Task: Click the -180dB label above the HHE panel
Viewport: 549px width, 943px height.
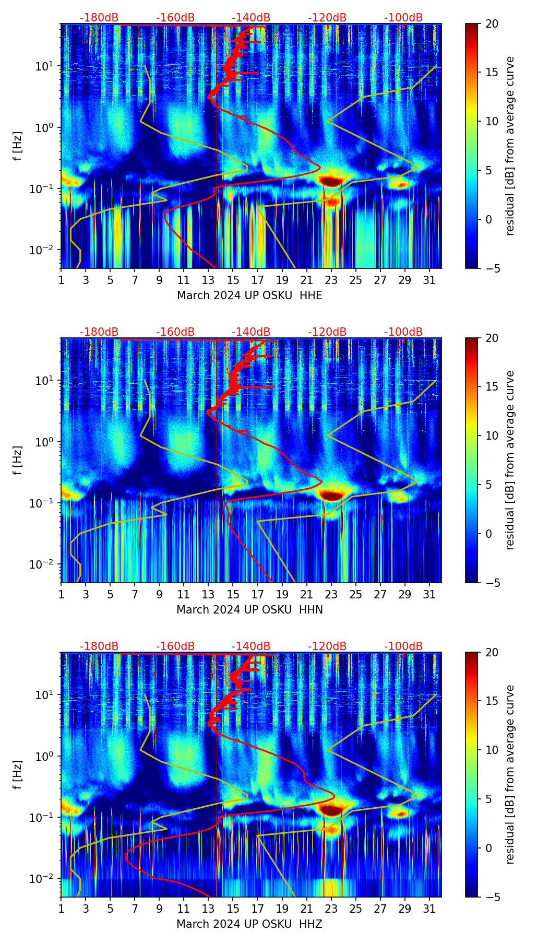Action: click(x=99, y=18)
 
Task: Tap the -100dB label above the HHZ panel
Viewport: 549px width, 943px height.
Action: click(x=403, y=646)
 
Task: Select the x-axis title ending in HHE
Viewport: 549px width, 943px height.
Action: click(x=249, y=296)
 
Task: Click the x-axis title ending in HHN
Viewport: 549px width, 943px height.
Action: click(x=249, y=610)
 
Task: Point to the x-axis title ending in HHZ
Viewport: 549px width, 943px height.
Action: click(x=249, y=924)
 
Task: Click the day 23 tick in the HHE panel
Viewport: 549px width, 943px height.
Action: click(x=331, y=280)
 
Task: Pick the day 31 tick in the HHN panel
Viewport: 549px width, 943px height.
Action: click(x=429, y=595)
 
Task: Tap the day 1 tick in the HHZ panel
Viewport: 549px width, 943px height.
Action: click(x=61, y=909)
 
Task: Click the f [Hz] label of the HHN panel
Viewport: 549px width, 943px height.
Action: click(x=18, y=460)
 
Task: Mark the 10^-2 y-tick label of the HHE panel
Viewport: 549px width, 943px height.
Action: click(x=42, y=250)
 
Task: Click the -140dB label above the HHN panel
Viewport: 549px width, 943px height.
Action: click(x=251, y=332)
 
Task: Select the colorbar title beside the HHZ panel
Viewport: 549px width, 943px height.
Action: click(x=510, y=774)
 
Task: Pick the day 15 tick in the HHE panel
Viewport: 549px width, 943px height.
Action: click(x=233, y=280)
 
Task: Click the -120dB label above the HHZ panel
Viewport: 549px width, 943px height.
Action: click(x=327, y=646)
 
